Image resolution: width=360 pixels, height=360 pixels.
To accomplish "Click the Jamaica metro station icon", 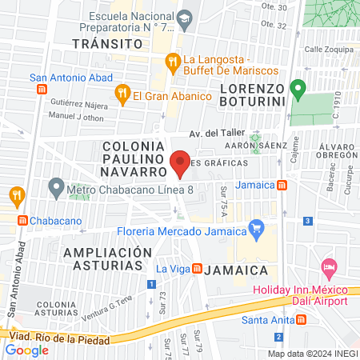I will tap(282, 186).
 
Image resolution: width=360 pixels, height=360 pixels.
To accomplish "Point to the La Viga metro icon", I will tap(196, 270).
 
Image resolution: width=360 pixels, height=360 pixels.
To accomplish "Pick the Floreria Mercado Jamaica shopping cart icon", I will tap(256, 230).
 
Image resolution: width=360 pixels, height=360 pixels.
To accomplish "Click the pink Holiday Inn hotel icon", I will tap(328, 266).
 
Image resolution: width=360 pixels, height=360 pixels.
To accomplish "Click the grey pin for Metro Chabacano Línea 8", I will tap(56, 190).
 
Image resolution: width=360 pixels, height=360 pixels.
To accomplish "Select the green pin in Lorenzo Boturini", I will tap(298, 88).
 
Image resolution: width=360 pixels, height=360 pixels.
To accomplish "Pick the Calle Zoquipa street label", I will tap(323, 49).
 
